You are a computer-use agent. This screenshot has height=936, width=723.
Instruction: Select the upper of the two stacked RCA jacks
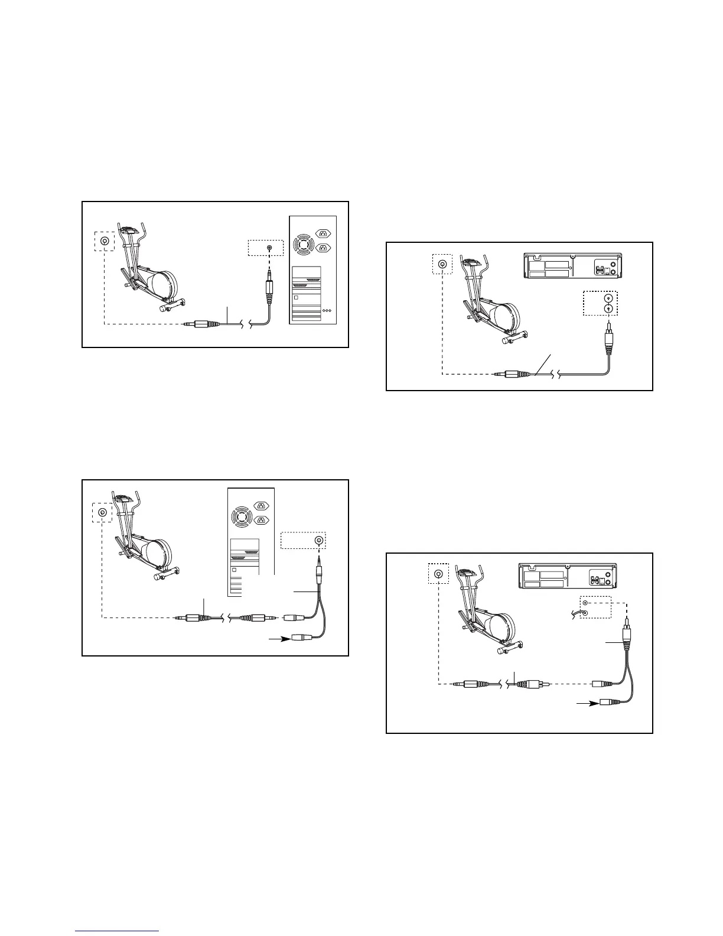click(x=607, y=298)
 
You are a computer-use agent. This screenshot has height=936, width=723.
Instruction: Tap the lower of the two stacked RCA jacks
click(x=607, y=308)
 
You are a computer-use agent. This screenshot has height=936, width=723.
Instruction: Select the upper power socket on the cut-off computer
click(x=261, y=505)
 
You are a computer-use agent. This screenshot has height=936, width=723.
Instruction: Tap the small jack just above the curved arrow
click(x=584, y=604)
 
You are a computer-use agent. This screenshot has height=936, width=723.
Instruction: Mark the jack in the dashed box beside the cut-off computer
click(x=319, y=540)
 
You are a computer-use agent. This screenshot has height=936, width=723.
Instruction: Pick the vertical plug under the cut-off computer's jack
click(x=319, y=571)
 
